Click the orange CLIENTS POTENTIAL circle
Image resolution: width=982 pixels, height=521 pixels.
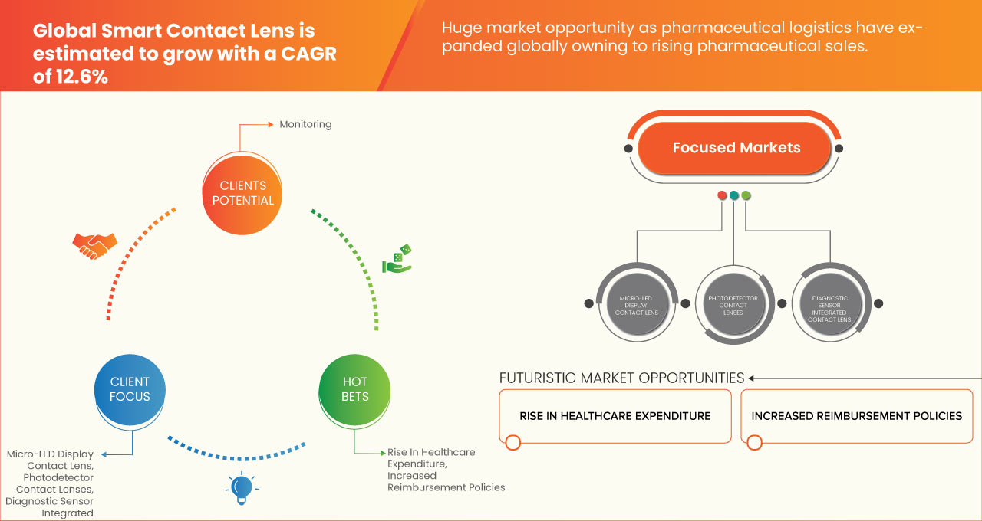pos(242,193)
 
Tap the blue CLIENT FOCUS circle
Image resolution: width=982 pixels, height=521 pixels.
pos(130,389)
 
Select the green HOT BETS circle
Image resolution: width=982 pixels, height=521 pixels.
pos(354,389)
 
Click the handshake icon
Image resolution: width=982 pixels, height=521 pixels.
pos(94,244)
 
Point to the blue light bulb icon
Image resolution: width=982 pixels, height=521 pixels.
pos(242,488)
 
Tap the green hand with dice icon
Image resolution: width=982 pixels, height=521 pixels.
pos(397,259)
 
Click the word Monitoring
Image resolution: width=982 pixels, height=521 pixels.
pos(305,124)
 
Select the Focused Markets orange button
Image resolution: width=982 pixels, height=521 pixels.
pos(736,148)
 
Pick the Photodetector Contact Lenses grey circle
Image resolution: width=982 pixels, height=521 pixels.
pos(733,305)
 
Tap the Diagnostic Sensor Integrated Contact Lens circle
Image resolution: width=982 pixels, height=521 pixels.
pos(829,305)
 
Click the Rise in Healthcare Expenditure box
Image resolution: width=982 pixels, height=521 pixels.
pos(615,416)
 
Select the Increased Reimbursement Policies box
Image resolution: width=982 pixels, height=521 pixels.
pos(856,416)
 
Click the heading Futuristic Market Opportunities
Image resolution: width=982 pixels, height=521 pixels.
pos(621,378)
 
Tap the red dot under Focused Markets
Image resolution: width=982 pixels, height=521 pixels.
pos(722,195)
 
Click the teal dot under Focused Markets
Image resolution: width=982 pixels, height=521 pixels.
pos(734,195)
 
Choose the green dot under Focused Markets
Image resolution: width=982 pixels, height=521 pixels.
pos(746,195)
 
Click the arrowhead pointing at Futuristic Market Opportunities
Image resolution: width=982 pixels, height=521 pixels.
pos(753,378)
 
